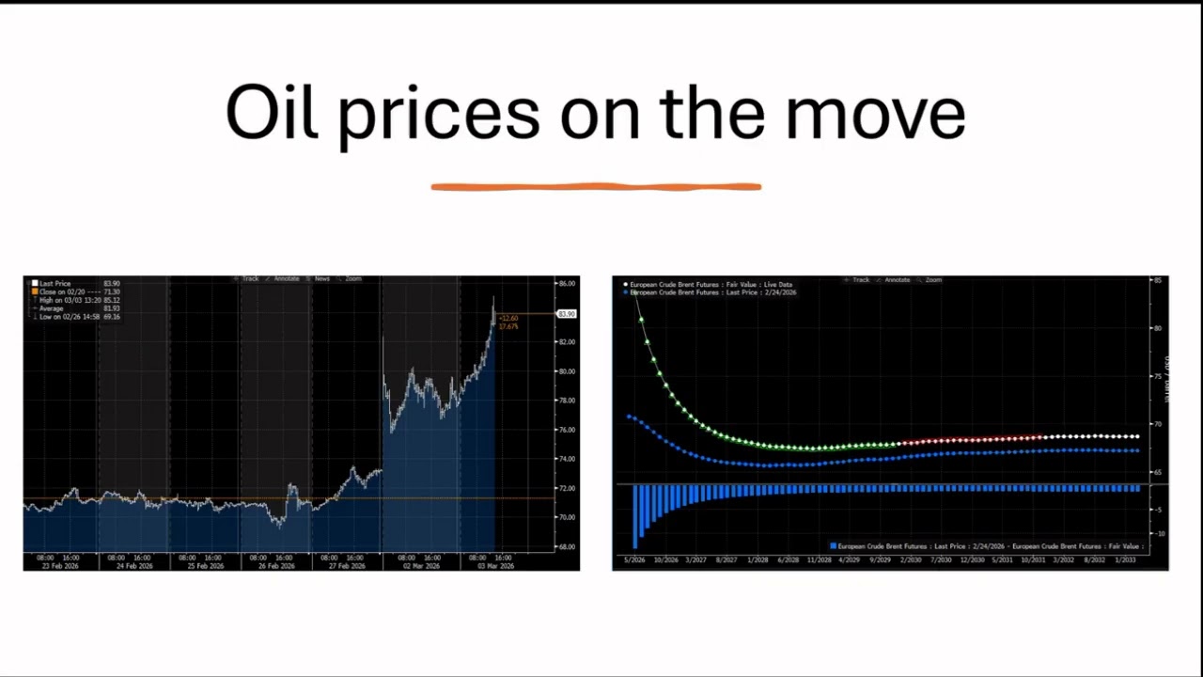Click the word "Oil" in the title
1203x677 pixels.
click(271, 113)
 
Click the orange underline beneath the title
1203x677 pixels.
click(596, 187)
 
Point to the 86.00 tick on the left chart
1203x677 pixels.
click(567, 283)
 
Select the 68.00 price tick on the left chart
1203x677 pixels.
click(567, 546)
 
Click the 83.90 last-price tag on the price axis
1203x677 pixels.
click(567, 314)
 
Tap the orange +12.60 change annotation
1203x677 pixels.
click(508, 318)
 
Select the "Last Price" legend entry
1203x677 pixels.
click(55, 283)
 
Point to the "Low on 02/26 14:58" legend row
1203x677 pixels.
click(79, 317)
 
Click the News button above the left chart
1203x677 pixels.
click(321, 279)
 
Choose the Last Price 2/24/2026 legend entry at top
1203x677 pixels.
click(712, 292)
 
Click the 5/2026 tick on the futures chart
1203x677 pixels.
click(635, 560)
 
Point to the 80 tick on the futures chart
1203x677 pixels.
click(1158, 328)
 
